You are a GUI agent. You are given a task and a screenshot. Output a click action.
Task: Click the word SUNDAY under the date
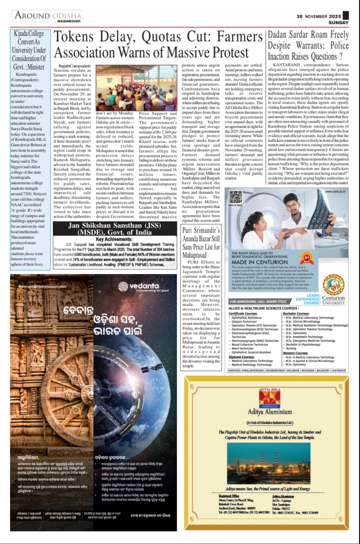tap(338, 23)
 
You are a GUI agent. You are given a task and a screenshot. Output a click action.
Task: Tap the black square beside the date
tap(346, 15)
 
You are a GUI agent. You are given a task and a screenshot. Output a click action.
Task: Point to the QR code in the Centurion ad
tap(235, 197)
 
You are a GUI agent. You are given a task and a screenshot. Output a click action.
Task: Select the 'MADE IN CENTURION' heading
tap(259, 262)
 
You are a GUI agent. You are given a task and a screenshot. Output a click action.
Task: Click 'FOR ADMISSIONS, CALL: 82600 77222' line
tap(258, 301)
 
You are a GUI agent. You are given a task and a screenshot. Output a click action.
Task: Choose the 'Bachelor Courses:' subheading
tap(296, 313)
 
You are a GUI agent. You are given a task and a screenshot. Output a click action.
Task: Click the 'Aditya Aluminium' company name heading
tap(269, 412)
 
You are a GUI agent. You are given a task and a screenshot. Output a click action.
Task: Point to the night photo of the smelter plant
tap(268, 463)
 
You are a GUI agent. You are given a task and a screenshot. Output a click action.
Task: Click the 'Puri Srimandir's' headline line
tap(201, 231)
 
